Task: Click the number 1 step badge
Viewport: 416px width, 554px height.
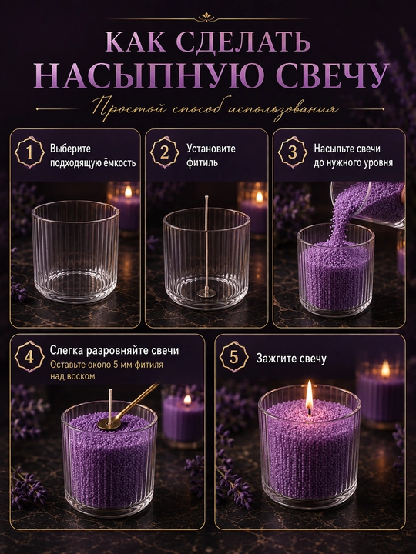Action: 30,152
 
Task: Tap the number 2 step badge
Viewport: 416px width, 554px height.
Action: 165,152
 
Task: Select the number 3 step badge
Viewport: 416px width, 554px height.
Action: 293,152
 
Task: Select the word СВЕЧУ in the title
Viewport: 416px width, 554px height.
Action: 331,75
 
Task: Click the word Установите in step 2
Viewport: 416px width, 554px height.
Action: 211,149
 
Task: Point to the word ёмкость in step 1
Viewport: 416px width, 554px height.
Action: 119,162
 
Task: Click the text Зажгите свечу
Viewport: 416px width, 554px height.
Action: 291,359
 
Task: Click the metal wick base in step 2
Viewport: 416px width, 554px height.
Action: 206,292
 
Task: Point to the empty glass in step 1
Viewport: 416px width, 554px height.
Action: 75,252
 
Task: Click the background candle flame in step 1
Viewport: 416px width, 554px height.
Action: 128,192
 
